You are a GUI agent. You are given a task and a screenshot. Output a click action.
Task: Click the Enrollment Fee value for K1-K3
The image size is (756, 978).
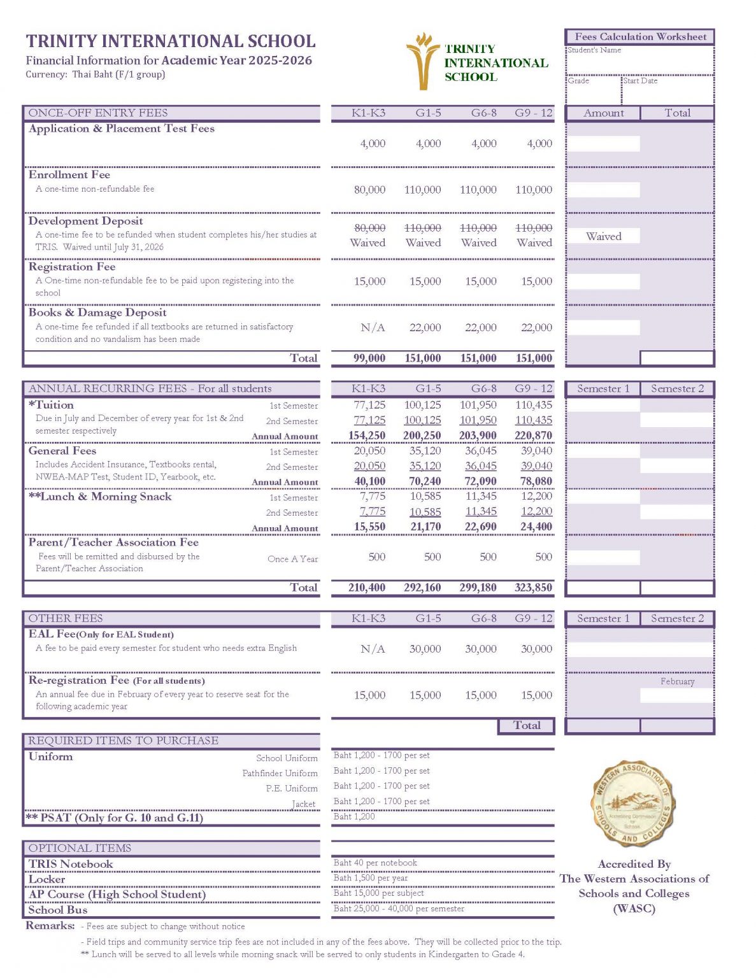click(x=369, y=190)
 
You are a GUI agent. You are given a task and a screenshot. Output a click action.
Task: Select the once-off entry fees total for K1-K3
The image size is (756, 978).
click(x=369, y=358)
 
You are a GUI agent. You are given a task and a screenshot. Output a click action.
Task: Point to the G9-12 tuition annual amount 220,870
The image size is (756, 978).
click(x=533, y=436)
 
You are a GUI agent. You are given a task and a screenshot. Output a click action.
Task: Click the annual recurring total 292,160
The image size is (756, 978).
click(x=422, y=588)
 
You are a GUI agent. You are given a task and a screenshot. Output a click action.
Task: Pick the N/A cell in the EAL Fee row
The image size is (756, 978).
click(x=373, y=649)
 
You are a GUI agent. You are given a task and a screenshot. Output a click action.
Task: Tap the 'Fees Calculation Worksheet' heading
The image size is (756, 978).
click(x=640, y=37)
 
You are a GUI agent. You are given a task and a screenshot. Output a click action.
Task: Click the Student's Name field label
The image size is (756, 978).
click(x=594, y=50)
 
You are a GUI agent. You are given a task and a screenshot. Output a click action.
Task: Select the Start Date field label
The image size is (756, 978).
click(x=640, y=81)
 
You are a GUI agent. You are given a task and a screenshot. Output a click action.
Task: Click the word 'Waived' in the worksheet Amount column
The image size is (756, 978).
click(x=603, y=236)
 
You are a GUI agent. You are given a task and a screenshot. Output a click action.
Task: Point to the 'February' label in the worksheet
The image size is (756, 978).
click(x=677, y=681)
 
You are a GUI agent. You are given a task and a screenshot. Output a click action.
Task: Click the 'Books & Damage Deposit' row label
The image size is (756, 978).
click(x=97, y=313)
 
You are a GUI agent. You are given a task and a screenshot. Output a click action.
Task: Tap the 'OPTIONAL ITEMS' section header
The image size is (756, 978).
click(x=80, y=848)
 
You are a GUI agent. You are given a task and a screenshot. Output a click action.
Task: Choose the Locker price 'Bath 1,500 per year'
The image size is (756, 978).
click(x=371, y=878)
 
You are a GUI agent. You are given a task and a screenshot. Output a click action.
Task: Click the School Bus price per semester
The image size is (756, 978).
click(x=399, y=909)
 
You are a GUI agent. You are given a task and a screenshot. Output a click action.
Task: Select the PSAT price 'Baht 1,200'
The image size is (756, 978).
click(x=354, y=816)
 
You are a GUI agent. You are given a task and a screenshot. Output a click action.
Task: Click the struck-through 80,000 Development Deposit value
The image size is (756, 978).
click(x=369, y=228)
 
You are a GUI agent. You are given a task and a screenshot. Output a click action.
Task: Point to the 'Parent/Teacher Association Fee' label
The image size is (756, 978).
click(x=113, y=542)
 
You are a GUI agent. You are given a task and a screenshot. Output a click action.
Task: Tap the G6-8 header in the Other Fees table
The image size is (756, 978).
click(x=483, y=618)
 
